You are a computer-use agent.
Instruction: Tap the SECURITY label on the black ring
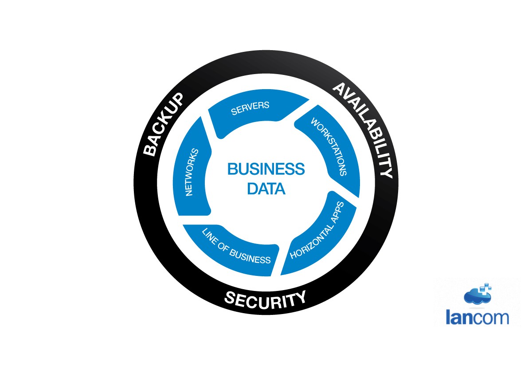[265, 299]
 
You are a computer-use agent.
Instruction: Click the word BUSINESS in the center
[266, 169]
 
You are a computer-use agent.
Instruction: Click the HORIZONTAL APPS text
[317, 231]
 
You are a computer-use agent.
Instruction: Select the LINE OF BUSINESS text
[235, 246]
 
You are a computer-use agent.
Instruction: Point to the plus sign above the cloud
[486, 286]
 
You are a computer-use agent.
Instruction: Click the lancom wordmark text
[477, 318]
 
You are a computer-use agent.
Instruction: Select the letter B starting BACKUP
[151, 150]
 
